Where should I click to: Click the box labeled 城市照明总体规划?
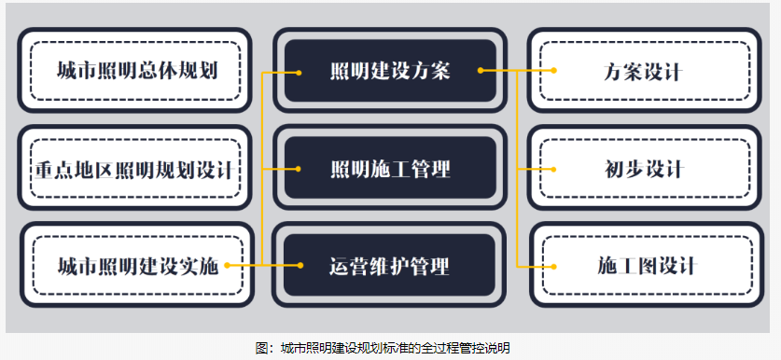(x=135, y=71)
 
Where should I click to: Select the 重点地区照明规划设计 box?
(x=135, y=169)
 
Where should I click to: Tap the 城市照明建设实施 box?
(x=137, y=266)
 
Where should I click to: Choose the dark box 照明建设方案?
(x=389, y=71)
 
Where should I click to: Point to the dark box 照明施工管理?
(x=389, y=169)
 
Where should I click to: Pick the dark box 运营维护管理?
(x=389, y=266)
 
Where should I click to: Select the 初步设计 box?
(x=643, y=169)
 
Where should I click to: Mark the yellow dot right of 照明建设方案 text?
(x=480, y=70)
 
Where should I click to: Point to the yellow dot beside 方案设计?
(x=553, y=70)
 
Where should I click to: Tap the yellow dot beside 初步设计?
(x=553, y=169)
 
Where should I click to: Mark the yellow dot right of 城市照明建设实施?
(x=227, y=266)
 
